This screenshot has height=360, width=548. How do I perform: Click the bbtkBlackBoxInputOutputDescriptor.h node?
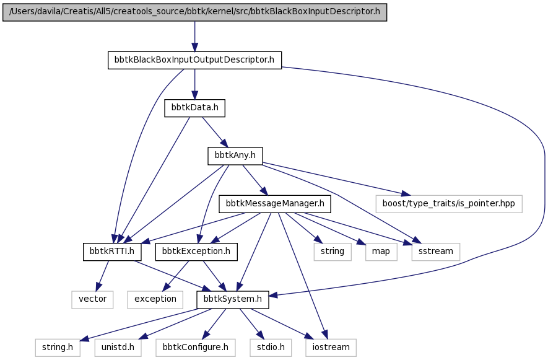tap(194, 60)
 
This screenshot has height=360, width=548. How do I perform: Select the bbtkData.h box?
tap(194, 108)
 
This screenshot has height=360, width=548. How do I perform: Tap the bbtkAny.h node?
tap(235, 156)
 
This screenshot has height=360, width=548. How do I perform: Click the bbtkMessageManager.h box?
tap(275, 204)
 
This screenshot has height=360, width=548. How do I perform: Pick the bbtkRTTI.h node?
tap(112, 252)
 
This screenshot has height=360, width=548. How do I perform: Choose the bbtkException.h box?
tap(196, 252)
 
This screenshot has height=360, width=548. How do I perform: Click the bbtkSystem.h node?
tap(233, 299)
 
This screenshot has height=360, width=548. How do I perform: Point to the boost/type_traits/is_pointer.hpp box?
tap(449, 204)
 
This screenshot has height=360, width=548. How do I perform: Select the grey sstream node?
tap(436, 252)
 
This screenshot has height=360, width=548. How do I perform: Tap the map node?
tap(381, 252)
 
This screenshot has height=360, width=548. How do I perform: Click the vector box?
tap(93, 299)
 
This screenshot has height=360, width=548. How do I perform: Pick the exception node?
tap(155, 299)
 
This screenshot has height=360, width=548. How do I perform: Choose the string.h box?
tap(58, 348)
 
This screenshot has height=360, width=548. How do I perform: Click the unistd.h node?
tap(118, 348)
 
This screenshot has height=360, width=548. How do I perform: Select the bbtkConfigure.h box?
tap(196, 348)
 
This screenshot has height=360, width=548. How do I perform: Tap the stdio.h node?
tap(271, 348)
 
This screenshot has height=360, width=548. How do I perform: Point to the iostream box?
tap(331, 348)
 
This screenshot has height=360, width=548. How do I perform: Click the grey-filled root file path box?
tap(194, 12)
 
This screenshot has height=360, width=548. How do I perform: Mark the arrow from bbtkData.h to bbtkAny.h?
tap(215, 132)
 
